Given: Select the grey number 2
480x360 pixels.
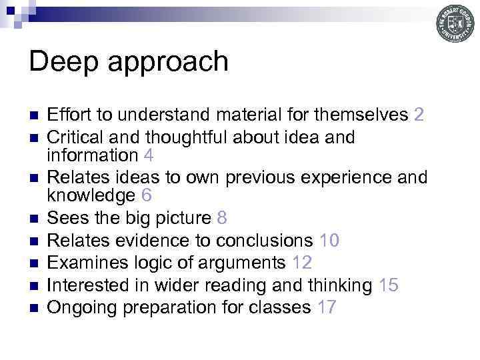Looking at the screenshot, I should click(419, 115).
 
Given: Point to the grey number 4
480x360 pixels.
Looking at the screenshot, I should click(149, 155).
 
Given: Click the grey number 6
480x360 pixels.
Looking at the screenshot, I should click(147, 196).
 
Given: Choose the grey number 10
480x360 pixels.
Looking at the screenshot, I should click(329, 240).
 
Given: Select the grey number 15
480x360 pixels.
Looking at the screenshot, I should click(388, 285).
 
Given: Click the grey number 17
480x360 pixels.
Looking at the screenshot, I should click(327, 307).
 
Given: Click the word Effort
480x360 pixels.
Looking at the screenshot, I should click(70, 115).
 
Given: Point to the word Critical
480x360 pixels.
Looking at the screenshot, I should click(75, 137).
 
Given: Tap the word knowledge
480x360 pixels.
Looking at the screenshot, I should click(90, 196).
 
